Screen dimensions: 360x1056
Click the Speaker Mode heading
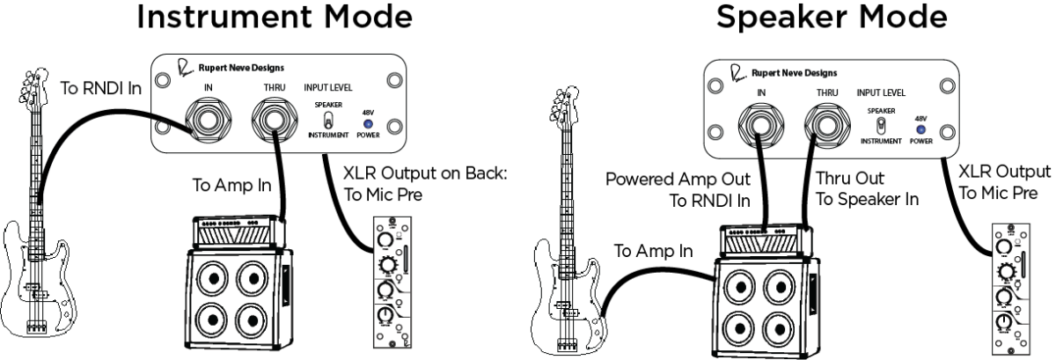pyautogui.click(x=808, y=19)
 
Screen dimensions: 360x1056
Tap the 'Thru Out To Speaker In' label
pyautogui.click(x=868, y=187)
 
